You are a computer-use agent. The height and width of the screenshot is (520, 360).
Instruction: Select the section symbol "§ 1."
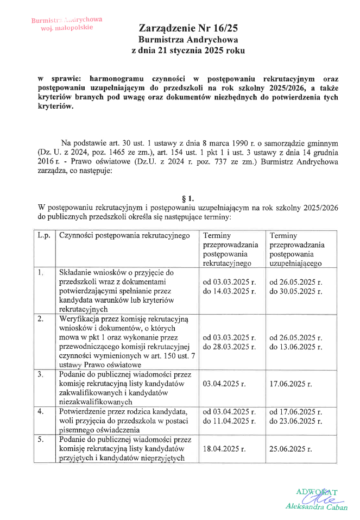click(187, 198)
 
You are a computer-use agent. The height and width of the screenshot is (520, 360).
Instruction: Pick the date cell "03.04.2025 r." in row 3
click(224, 384)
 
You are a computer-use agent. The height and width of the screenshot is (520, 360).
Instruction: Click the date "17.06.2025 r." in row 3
click(290, 384)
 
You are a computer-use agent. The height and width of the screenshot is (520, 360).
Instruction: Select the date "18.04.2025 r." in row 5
click(224, 449)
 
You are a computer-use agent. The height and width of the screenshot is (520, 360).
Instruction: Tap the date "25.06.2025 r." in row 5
click(290, 449)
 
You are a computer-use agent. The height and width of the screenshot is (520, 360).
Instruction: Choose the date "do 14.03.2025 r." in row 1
click(229, 292)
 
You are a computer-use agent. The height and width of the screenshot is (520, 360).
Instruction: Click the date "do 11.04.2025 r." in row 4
click(229, 421)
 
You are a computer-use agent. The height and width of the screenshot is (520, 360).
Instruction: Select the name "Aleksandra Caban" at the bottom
click(317, 506)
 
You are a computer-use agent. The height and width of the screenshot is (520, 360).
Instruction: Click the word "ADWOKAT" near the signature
click(317, 492)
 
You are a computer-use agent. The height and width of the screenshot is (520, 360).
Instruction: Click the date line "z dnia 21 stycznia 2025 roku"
click(188, 51)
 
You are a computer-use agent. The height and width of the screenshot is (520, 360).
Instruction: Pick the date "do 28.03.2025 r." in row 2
click(229, 347)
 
